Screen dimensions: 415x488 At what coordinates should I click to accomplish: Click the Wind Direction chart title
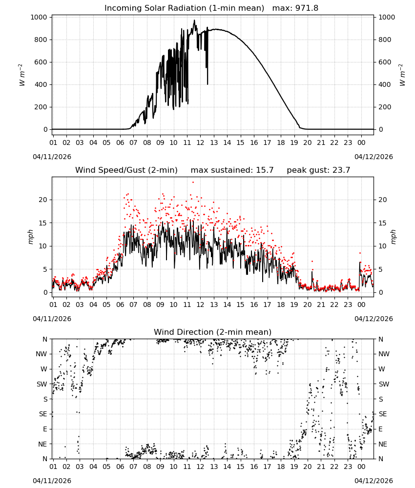click(213, 332)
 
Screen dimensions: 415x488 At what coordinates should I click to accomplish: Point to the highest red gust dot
click(193, 183)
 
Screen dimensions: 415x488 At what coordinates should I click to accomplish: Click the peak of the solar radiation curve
click(194, 20)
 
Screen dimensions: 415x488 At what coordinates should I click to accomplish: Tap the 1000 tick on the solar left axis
click(39, 18)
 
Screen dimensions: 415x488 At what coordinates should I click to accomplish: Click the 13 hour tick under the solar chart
click(214, 142)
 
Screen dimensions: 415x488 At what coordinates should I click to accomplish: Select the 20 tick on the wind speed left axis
click(43, 200)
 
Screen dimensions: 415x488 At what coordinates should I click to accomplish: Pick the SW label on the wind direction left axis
click(41, 385)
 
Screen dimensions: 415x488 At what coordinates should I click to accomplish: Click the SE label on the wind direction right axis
click(383, 414)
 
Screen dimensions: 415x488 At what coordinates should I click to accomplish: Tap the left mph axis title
click(30, 237)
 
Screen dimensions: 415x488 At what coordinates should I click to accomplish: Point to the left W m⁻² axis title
click(22, 75)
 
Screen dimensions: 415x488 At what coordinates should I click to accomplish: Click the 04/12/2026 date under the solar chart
click(373, 157)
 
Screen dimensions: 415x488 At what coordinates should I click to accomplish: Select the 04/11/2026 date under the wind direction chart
click(52, 481)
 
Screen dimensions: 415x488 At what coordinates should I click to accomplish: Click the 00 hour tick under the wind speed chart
click(361, 305)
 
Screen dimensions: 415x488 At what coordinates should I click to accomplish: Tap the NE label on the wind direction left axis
click(42, 444)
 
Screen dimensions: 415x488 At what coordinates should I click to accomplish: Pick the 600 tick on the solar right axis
click(385, 62)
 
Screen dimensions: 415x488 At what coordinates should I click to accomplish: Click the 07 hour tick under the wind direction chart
click(133, 467)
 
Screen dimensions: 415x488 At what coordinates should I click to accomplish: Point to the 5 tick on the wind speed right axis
click(380, 269)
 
